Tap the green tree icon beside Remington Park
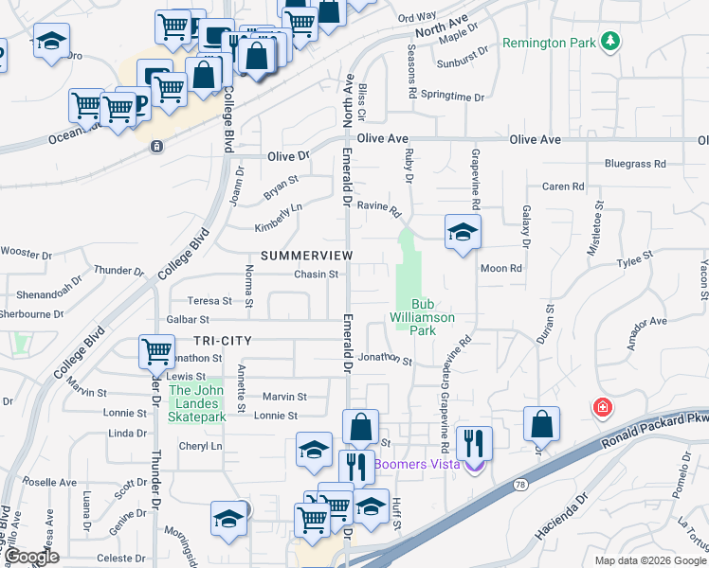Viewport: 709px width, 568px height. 612,41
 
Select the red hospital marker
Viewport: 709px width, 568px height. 602,409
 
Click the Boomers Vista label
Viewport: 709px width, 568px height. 417,464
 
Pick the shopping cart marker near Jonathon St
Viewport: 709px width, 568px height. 155,352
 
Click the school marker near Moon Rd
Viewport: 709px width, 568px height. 462,232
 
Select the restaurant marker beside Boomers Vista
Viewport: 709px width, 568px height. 474,442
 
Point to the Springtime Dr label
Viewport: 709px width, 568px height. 453,97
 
